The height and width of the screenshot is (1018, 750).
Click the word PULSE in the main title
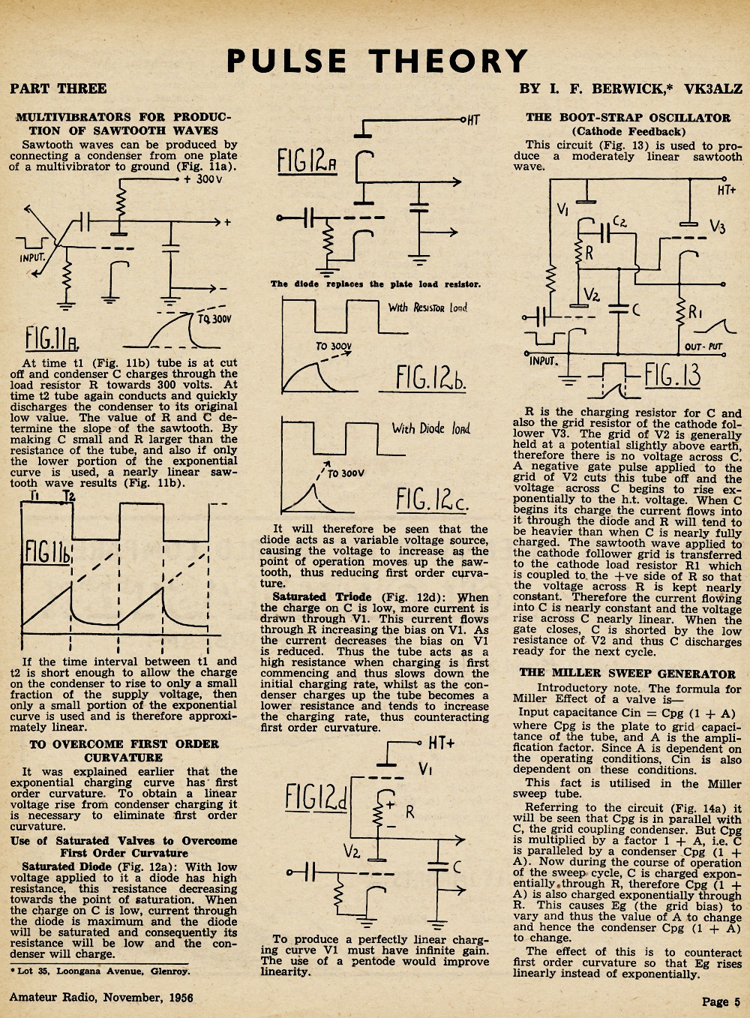[286, 61]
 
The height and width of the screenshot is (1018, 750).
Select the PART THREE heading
[58, 89]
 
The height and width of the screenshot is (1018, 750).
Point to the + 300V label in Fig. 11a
[203, 179]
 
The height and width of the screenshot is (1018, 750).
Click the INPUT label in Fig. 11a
[32, 258]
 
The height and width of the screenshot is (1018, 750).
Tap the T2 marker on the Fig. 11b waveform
[69, 496]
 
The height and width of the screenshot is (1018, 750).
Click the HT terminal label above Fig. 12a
[473, 120]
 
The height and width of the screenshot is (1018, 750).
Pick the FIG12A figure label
[307, 162]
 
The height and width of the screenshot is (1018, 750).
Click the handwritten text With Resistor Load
[427, 308]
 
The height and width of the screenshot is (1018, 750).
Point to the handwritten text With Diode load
[431, 428]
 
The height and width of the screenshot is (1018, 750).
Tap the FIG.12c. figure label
[431, 499]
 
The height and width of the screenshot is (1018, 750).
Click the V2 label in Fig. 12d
[352, 849]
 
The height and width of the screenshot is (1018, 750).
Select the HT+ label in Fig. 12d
[441, 743]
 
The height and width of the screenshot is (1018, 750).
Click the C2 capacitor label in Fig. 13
[619, 221]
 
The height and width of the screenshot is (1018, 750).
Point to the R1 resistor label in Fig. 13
[696, 312]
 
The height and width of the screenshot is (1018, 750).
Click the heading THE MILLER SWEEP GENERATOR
[627, 674]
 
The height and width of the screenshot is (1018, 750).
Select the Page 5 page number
[721, 1002]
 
